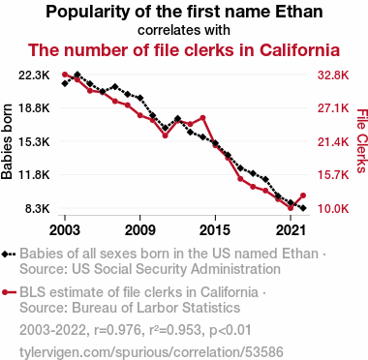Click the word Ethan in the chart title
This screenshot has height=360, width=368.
299,12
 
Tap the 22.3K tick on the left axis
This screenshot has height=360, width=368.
34,75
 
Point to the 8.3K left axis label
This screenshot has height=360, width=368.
37,209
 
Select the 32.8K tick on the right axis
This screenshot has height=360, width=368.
333,75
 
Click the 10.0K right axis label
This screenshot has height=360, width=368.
333,209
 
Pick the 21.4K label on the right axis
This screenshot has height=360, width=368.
333,142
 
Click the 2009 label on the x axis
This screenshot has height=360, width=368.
139,230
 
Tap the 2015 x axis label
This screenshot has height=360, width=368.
215,230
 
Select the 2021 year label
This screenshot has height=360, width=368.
291,230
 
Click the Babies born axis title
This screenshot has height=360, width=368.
7,141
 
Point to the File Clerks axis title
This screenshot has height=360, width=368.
362,141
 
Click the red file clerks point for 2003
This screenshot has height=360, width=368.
65,75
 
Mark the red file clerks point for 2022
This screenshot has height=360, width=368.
303,195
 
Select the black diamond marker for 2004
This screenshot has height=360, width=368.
77,75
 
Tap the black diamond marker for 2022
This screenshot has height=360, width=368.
303,208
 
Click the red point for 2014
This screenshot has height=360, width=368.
202,118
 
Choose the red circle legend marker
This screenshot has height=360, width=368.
5,292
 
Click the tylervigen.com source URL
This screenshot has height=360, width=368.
151,352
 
